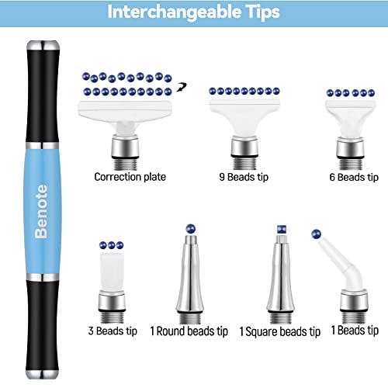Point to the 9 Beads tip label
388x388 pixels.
tap(245, 177)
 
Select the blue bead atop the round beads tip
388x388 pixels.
tap(189, 228)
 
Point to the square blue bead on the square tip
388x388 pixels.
tap(279, 230)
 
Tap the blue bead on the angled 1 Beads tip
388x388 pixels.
tap(314, 232)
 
